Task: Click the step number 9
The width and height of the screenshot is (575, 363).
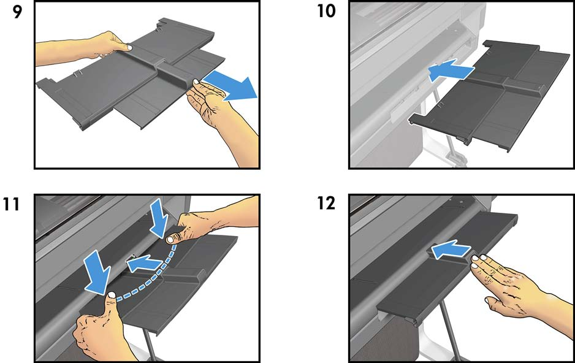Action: (x=17, y=12)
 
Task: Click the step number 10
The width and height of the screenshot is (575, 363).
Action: (x=326, y=11)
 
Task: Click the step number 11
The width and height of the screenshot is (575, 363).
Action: (x=12, y=204)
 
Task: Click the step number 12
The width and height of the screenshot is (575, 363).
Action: (x=326, y=203)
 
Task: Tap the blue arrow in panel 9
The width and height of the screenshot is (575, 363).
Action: (x=230, y=86)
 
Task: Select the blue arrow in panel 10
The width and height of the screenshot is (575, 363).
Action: (x=451, y=70)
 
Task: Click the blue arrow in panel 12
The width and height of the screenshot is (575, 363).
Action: (x=451, y=250)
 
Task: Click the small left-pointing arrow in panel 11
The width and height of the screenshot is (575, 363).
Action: (x=144, y=263)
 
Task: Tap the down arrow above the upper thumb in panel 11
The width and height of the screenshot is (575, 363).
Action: (x=159, y=218)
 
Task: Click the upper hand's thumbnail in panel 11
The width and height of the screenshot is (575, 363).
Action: (x=170, y=240)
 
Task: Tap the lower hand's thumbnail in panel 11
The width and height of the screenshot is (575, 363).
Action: (x=111, y=295)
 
